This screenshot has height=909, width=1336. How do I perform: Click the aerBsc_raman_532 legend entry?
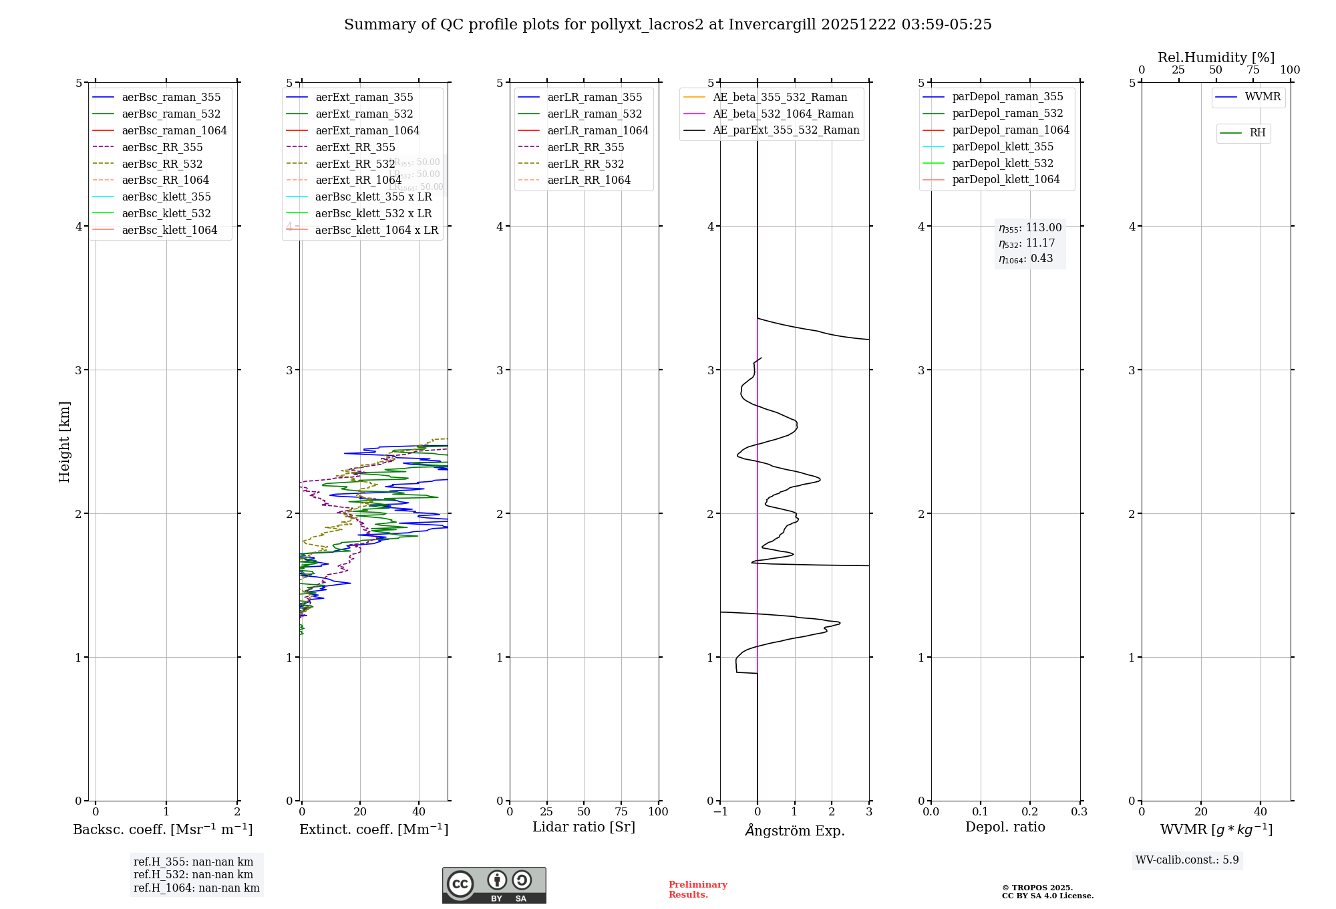point(171,114)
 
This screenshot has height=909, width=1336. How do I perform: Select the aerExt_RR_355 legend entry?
point(355,147)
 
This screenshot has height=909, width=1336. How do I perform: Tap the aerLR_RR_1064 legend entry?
point(589,180)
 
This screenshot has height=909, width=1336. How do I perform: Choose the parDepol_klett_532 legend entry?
point(1002,164)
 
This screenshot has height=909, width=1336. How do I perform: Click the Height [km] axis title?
point(64,441)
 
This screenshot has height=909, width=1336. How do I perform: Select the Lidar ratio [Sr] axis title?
point(583,827)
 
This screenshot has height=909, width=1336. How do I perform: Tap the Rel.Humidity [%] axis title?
point(1216,57)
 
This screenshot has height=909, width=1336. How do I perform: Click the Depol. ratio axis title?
point(1005,827)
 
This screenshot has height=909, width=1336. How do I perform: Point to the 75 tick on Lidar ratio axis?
point(621,812)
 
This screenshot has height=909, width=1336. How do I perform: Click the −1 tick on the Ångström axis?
point(719,812)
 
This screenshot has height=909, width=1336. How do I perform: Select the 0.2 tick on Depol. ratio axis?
point(1029,812)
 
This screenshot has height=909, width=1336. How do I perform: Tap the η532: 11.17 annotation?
point(1027,243)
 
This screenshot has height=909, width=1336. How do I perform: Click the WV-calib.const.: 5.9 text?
point(1187,860)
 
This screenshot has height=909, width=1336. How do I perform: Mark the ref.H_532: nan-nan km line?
point(193,875)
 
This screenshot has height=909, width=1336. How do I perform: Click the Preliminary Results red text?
point(697,890)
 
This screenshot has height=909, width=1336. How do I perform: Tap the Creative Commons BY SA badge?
point(494,886)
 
